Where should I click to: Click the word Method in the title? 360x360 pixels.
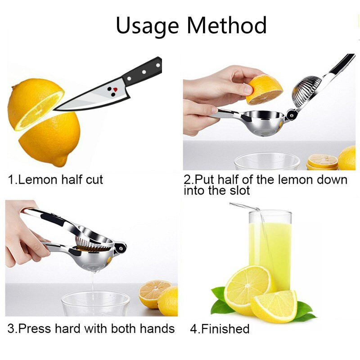point(227,25)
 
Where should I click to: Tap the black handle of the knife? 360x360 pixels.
point(142,71)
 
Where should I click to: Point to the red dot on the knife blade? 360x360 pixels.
point(115,89)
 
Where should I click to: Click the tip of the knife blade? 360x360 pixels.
point(54,110)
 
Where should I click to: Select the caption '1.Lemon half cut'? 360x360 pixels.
point(55,180)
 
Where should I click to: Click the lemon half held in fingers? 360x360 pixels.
point(264,90)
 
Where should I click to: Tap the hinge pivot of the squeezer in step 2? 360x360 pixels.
point(292,114)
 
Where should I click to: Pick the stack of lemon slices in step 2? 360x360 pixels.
point(322,162)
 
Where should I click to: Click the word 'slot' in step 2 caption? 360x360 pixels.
point(239,190)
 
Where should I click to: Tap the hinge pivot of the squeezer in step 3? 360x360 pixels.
point(120,248)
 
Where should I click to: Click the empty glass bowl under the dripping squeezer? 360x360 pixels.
point(95,303)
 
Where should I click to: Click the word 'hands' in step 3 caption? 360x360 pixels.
point(157,328)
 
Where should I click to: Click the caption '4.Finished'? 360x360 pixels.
point(220,329)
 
